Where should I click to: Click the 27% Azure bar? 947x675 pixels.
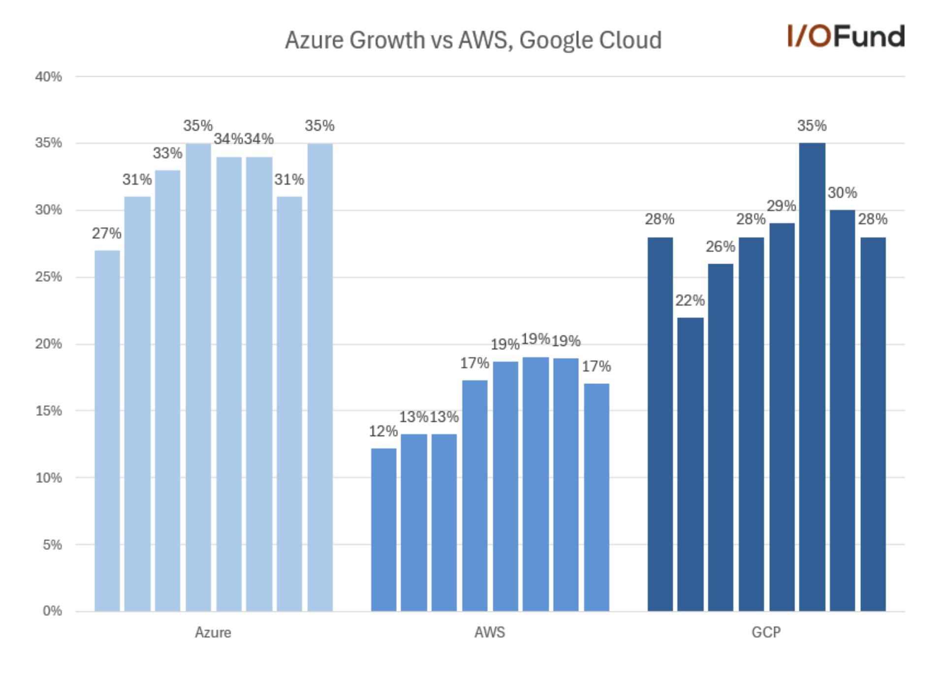point(107,431)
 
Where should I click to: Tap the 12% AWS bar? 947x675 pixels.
point(383,530)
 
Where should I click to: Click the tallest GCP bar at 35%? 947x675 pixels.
point(812,377)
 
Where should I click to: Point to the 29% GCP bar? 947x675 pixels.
point(782,417)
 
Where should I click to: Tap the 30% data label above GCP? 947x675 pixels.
point(842,193)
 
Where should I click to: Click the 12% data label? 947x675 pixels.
point(383,432)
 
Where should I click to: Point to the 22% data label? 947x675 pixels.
point(690,301)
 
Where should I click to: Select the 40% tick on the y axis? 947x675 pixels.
point(48,77)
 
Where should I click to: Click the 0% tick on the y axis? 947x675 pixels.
point(52,611)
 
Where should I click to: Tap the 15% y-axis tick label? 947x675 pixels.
point(48,411)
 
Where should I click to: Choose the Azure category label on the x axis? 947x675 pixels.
point(213,633)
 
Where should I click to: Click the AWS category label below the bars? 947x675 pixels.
point(489,633)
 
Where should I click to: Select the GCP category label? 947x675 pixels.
point(766,633)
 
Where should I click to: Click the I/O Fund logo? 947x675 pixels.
point(846,36)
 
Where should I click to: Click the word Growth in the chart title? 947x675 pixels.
point(387,40)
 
